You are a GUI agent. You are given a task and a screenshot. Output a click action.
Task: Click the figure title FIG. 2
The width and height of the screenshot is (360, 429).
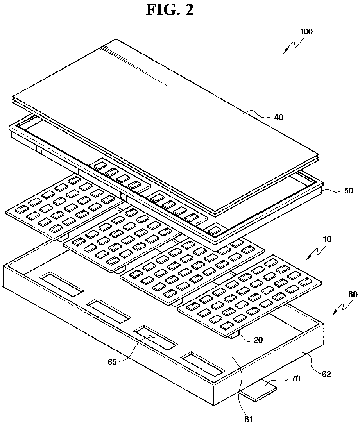(170, 10)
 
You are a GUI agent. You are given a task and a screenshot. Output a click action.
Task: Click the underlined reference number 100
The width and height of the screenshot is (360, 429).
(306, 32)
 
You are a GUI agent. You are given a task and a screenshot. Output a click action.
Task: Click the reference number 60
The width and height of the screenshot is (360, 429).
(352, 295)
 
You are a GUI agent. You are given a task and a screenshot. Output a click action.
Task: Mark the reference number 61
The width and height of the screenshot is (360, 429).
(249, 420)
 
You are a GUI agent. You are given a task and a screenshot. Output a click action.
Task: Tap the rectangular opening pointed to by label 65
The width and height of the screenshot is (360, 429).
(156, 337)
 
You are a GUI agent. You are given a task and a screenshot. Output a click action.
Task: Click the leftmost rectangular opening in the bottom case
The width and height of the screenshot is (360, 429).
(61, 283)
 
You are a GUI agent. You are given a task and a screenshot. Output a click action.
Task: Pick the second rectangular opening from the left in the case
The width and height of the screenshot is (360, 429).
(108, 309)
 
